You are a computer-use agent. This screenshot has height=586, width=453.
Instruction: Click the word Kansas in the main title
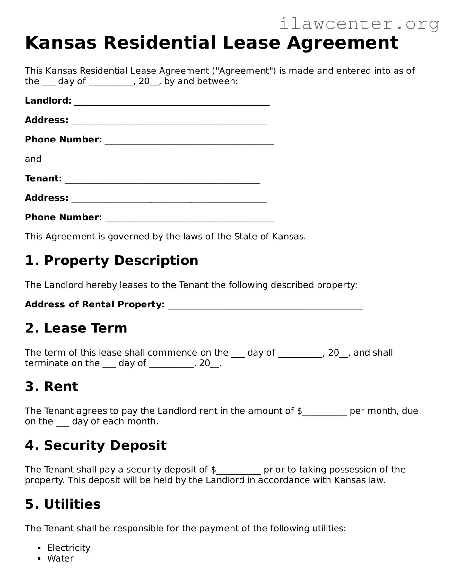[60, 43]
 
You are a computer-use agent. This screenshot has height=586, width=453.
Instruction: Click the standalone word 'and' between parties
[33, 159]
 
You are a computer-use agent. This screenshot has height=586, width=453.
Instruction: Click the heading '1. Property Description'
[111, 260]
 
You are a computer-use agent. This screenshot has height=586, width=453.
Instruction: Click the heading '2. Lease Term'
[76, 328]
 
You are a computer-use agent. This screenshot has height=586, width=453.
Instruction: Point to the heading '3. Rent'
[51, 386]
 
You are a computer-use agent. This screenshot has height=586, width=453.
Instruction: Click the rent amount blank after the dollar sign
[325, 412]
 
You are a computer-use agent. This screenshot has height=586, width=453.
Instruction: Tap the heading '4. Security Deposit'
[96, 445]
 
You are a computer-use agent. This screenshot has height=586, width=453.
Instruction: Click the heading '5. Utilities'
[63, 504]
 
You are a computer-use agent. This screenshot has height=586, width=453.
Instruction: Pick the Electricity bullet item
[69, 548]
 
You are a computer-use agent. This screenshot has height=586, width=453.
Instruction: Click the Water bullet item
[60, 558]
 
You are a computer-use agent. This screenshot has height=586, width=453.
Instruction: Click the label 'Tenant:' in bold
[43, 178]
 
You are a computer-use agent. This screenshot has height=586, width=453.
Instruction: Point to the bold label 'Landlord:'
[48, 101]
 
